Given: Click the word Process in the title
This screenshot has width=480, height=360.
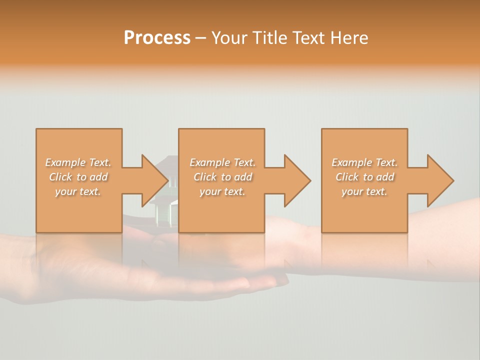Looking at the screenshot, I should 157,38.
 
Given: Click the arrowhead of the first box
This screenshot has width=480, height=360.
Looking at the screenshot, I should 155,180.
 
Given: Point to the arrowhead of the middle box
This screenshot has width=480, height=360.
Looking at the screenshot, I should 297,180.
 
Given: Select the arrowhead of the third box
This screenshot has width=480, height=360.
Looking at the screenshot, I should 440,180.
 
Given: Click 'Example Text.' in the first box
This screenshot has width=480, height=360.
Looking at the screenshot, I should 78,162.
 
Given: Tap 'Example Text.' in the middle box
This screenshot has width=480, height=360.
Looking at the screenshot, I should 222,162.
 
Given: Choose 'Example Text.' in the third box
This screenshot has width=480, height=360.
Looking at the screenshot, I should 364,162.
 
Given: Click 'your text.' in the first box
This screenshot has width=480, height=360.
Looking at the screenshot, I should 78,191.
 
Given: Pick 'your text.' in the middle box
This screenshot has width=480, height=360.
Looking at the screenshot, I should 222,191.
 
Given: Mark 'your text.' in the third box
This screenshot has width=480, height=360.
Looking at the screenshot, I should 364,191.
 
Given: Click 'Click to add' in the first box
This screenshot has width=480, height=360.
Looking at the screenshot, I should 78,177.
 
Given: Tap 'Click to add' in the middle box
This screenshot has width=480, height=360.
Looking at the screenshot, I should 222,177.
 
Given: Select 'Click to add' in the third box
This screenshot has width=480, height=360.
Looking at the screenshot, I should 364,177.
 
